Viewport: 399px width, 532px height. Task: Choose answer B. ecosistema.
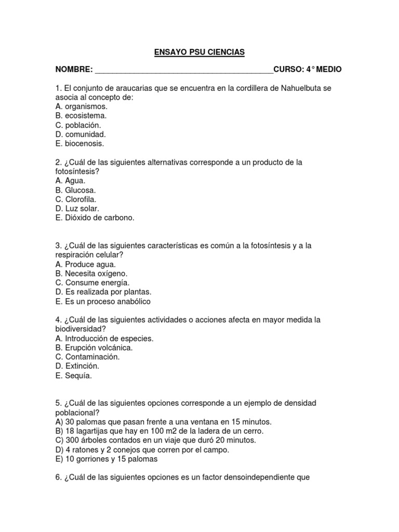pyautogui.click(x=81, y=116)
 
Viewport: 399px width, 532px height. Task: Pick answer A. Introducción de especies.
pyautogui.click(x=104, y=339)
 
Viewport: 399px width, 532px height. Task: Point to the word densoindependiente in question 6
pyautogui.click(x=257, y=477)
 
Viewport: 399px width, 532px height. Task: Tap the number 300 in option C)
pyautogui.click(x=71, y=441)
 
